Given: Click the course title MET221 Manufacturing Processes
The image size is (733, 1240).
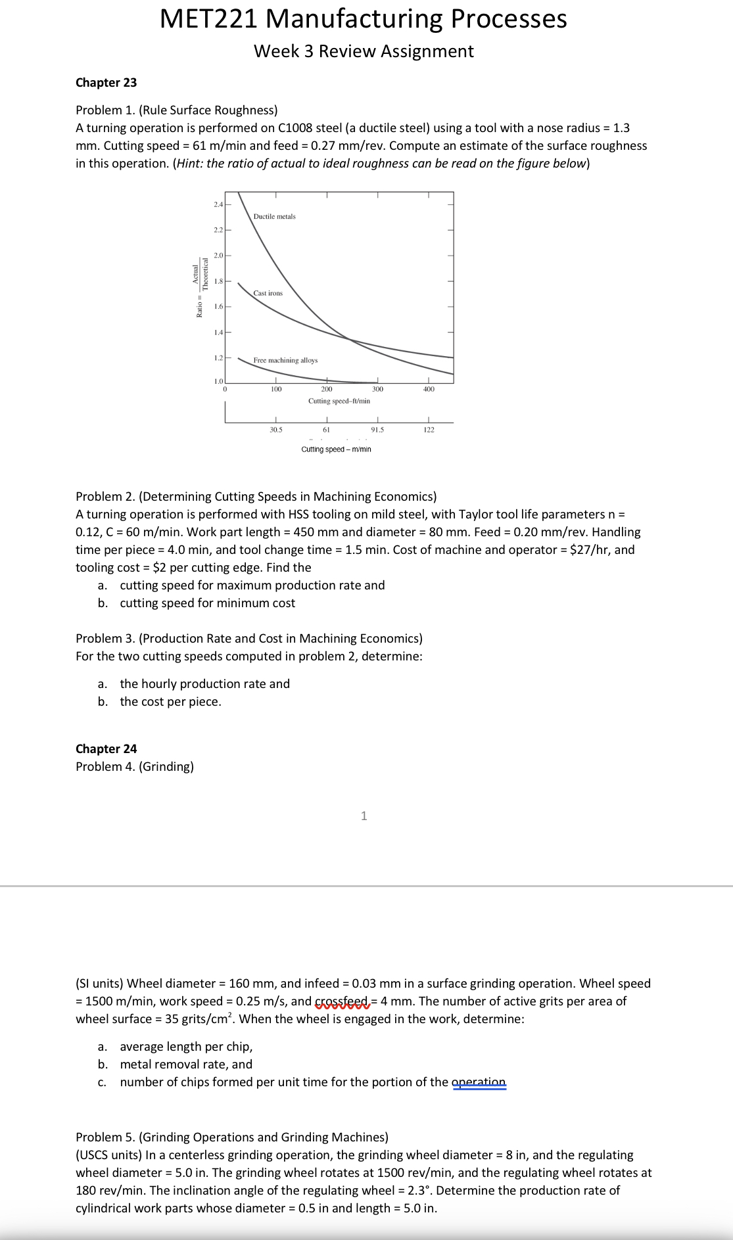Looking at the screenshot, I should [363, 19].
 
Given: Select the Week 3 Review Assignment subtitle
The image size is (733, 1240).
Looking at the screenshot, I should [364, 51].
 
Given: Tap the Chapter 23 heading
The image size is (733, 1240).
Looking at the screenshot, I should [106, 82].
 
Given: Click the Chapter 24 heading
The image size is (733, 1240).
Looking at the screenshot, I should [106, 748].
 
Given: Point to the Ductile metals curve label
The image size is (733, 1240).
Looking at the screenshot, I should [274, 216].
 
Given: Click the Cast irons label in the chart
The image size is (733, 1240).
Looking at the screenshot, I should [268, 293].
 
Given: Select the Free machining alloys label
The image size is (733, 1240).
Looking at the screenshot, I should [285, 360].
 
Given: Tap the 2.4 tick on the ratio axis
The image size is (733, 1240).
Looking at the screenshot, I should [218, 204].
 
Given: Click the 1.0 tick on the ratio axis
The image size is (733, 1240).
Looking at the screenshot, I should [218, 381].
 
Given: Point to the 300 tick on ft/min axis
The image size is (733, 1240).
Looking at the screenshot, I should [377, 390].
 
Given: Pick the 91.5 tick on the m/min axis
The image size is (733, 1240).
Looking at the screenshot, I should [377, 430].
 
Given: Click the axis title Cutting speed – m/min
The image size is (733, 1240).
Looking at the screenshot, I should [336, 449].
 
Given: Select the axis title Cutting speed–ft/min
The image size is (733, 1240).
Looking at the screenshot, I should [339, 401].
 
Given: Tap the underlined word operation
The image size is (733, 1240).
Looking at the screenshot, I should [479, 1082].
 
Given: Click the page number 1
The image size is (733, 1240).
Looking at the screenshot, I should [364, 816].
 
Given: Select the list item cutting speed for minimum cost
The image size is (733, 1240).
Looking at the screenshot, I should [207, 603].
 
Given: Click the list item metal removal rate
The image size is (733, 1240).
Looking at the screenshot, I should [185, 1064].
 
